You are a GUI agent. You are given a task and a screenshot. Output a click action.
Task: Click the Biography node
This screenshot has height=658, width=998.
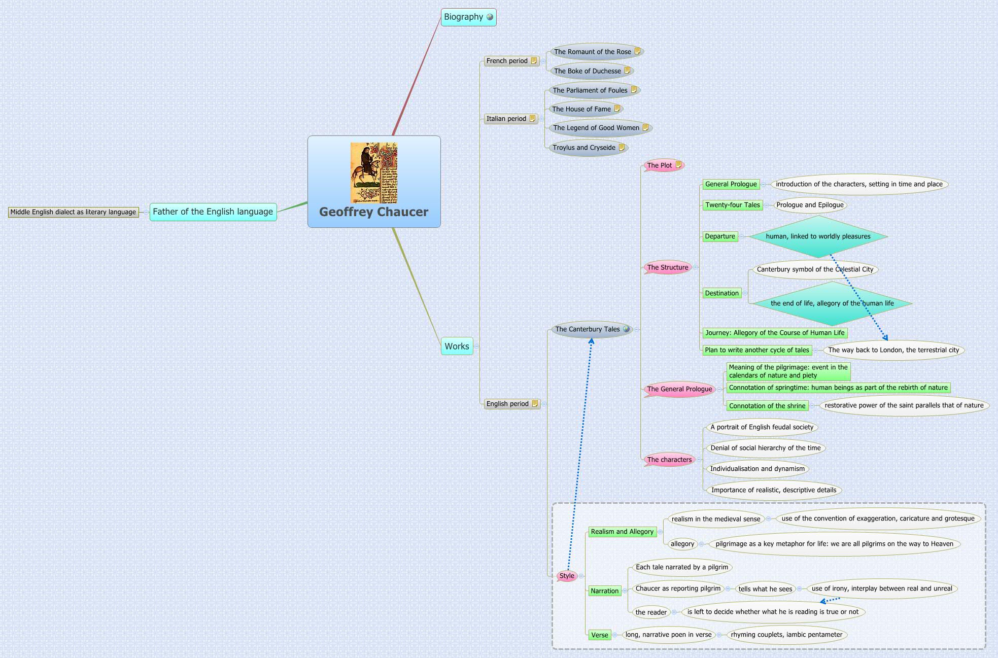tap(463, 17)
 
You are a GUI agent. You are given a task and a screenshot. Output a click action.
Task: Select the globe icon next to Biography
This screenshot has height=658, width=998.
tap(490, 17)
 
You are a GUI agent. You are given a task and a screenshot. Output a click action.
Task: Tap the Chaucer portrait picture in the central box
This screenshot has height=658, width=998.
tap(374, 173)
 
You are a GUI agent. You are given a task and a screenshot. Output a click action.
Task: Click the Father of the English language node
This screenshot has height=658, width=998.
tap(213, 212)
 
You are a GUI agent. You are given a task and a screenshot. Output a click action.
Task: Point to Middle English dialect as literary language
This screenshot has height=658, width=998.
tap(73, 212)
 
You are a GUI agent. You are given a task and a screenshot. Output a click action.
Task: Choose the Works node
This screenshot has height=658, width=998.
tap(457, 347)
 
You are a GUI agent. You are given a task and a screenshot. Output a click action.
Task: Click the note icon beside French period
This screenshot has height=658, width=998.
tap(534, 61)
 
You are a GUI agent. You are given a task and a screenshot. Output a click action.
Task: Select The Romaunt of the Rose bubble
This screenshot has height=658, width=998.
tap(592, 52)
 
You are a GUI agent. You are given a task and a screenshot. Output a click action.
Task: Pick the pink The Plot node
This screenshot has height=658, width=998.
tap(659, 165)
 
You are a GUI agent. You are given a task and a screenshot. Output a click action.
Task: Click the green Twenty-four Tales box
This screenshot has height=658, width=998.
tap(733, 205)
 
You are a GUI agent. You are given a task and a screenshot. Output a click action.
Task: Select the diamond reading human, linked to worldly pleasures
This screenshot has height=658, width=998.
tap(818, 236)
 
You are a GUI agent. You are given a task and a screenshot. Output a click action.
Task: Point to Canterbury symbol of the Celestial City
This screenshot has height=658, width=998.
tap(815, 269)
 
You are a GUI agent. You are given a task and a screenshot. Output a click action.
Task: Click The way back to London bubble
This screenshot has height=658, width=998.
tap(893, 350)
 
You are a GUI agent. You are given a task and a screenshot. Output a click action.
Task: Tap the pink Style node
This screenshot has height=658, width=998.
tap(567, 576)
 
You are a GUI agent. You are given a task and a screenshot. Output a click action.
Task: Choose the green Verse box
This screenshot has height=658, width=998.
tap(599, 635)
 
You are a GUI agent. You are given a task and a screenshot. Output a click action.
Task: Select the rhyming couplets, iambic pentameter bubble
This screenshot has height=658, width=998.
tap(786, 635)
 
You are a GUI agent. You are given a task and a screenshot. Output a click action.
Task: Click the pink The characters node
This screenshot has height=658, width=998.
tap(669, 460)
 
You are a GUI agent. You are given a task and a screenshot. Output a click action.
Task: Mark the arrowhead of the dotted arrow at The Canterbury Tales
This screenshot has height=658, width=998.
tap(592, 341)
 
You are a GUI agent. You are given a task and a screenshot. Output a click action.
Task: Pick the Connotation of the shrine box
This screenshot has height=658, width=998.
tap(767, 406)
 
